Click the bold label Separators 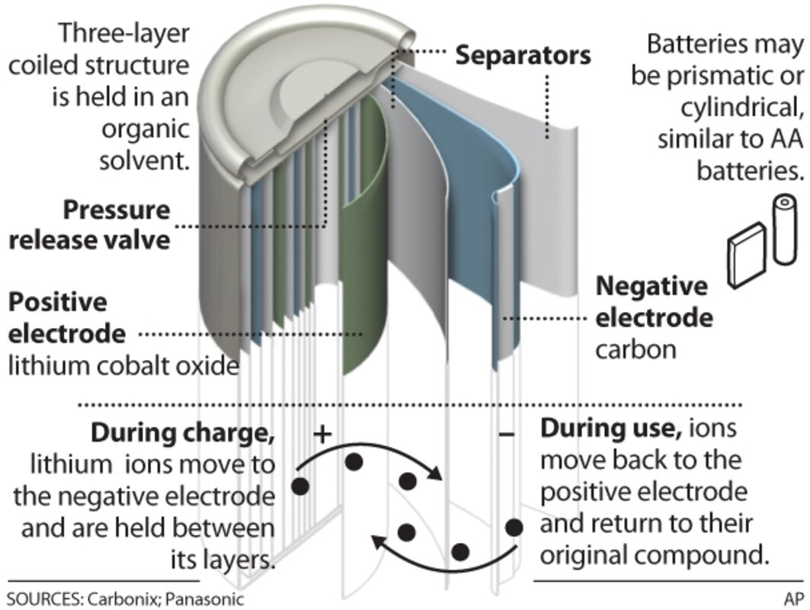(x=523, y=55)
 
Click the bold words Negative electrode (x=654, y=302)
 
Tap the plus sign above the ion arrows (x=323, y=434)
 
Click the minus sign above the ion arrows (x=508, y=435)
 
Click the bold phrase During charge (x=183, y=432)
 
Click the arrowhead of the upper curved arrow (x=437, y=476)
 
